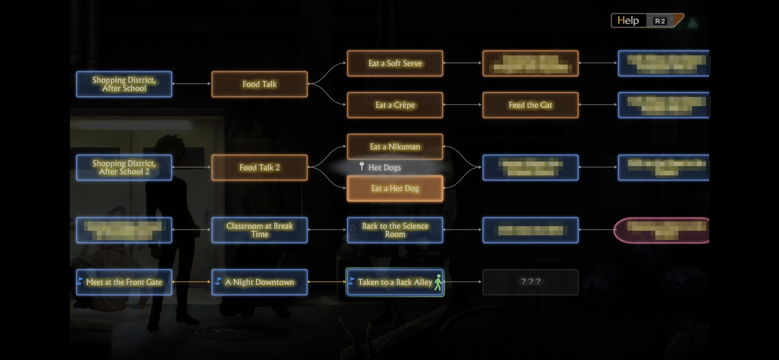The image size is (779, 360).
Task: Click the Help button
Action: coord(628,21)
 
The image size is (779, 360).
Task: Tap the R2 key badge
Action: coord(660,21)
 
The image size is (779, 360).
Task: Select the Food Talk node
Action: coord(259,84)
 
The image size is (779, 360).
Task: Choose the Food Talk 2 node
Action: coord(259,167)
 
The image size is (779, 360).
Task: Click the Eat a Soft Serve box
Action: coord(395,64)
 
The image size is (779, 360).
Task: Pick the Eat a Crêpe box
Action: coord(395,105)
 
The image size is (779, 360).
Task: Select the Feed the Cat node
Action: coord(530,105)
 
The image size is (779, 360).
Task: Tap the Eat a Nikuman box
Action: coord(395,147)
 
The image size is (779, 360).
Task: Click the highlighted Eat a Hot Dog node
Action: coord(395,188)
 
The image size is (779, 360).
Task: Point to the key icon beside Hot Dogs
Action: coord(362,166)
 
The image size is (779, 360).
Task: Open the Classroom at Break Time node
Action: coord(259,230)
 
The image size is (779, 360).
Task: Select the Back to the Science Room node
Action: coord(395,230)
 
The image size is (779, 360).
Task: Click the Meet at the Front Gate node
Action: coord(124,282)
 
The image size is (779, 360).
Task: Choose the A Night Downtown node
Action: coord(259,282)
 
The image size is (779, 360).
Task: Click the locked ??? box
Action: coord(530,282)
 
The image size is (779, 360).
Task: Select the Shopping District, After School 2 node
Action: coord(124,167)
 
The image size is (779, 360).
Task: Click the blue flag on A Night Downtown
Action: coord(218,281)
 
